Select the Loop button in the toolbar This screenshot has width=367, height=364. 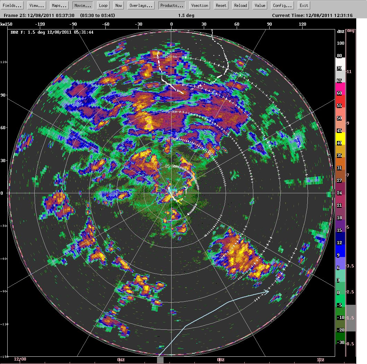click(x=103, y=6)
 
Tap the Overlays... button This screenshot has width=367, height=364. click(x=141, y=6)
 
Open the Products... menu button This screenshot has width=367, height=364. click(x=172, y=6)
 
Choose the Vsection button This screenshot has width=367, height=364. click(x=200, y=6)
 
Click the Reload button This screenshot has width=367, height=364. click(x=241, y=6)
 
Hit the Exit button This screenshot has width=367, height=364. click(x=304, y=6)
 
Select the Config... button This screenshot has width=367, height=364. click(x=282, y=6)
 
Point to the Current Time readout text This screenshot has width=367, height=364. click(x=312, y=16)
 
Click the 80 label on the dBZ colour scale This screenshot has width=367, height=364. click(x=340, y=55)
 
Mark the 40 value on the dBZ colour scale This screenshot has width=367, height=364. click(x=340, y=142)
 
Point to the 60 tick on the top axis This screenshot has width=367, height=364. click(x=237, y=24)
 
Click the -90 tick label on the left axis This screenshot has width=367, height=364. click(x=4, y=292)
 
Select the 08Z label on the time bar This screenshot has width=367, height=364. click(x=221, y=359)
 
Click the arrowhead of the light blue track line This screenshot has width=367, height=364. click(x=267, y=292)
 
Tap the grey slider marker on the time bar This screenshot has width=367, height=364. click(x=160, y=360)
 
